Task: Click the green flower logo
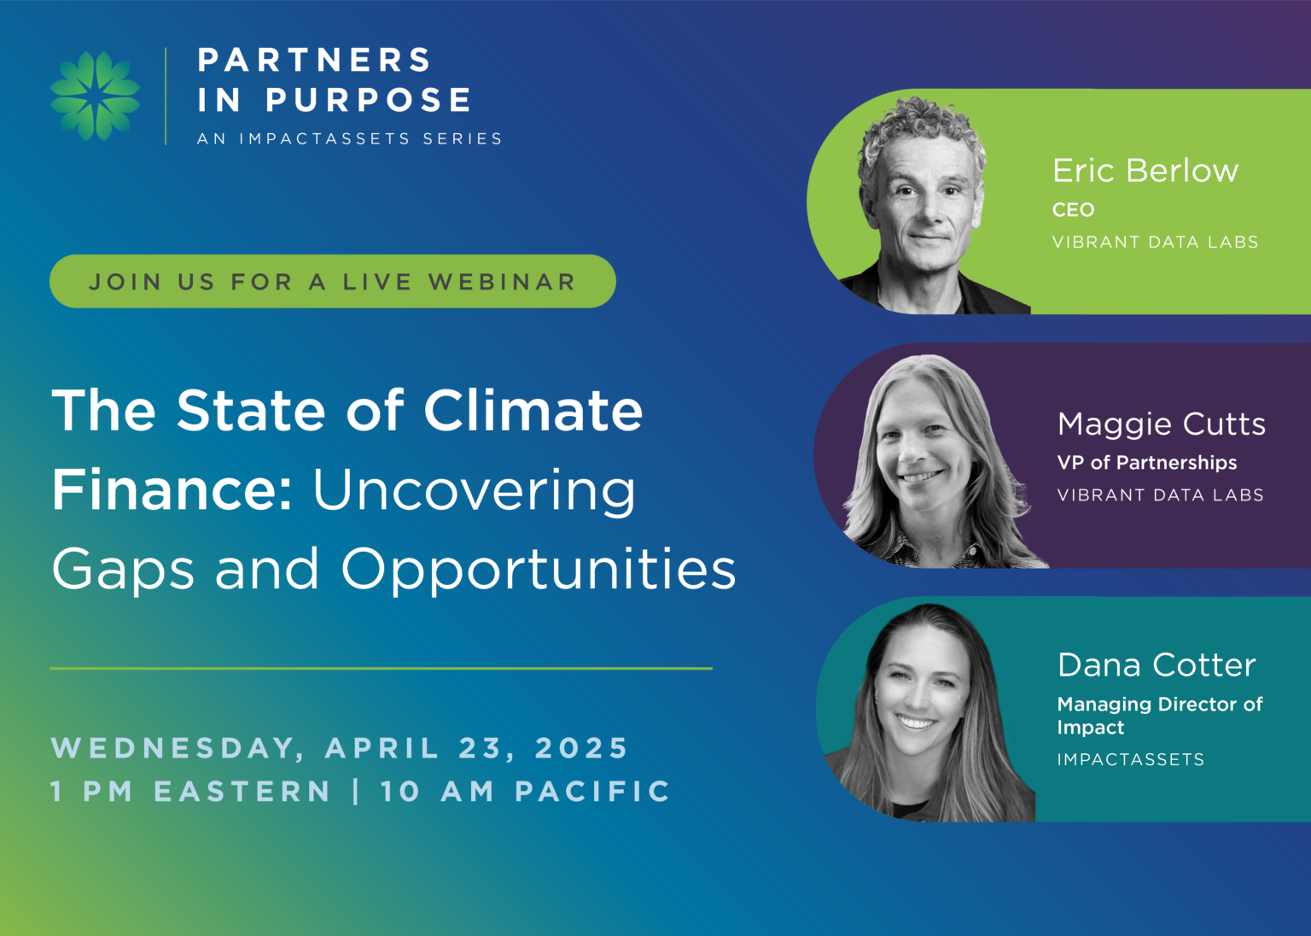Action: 95,96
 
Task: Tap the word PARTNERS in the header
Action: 315,60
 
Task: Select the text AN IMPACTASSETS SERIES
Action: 349,139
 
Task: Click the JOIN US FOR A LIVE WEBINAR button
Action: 332,281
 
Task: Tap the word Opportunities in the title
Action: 539,570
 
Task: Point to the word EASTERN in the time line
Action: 242,792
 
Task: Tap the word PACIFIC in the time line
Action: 592,792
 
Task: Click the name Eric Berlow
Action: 1145,171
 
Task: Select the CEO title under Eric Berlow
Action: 1074,210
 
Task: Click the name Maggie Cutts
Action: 1161,424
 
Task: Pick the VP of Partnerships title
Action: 1147,463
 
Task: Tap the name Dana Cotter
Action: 1157,665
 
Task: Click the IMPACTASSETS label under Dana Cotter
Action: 1131,760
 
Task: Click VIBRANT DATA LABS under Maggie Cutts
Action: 1161,495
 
